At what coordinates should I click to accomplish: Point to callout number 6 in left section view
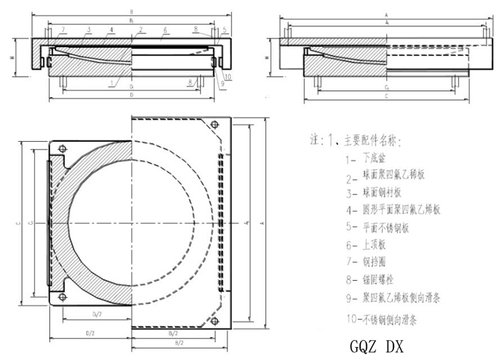(165, 30)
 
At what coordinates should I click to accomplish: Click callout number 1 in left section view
(113, 83)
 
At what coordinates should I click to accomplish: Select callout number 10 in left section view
(227, 76)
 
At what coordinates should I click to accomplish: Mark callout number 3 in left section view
(89, 29)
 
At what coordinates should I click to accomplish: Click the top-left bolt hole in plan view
(63, 148)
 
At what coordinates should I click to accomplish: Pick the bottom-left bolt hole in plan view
(63, 298)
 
